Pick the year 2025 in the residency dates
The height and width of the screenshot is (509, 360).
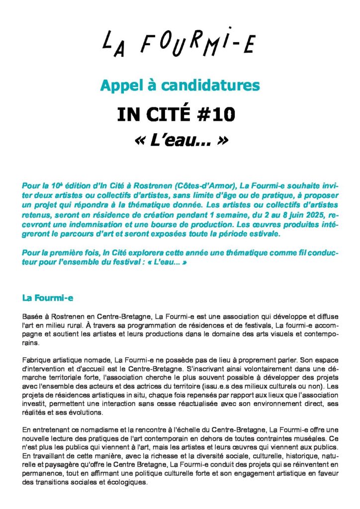(296, 215)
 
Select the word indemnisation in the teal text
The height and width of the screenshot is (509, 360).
(97, 224)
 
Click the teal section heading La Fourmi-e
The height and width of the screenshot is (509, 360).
(48, 298)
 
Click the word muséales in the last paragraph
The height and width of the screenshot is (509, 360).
(318, 438)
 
